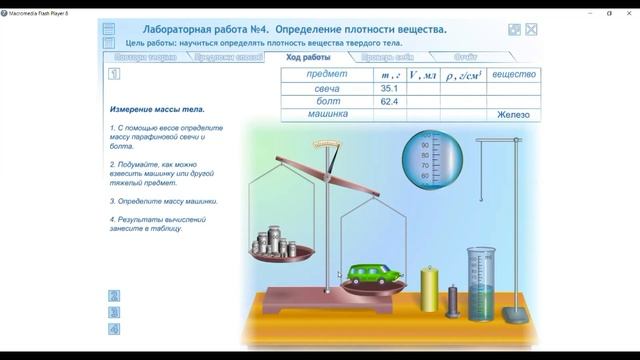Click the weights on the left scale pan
tap(273, 246)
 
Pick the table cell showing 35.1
tap(389, 89)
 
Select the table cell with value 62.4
tap(389, 102)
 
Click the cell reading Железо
tap(515, 115)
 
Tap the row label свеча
tap(327, 89)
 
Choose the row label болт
tap(327, 102)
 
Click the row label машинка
tap(327, 115)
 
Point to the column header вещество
tap(515, 75)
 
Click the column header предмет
tap(327, 75)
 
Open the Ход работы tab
tap(308, 57)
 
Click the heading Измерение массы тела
tap(157, 108)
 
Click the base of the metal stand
tap(516, 317)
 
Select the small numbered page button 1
tap(115, 74)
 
